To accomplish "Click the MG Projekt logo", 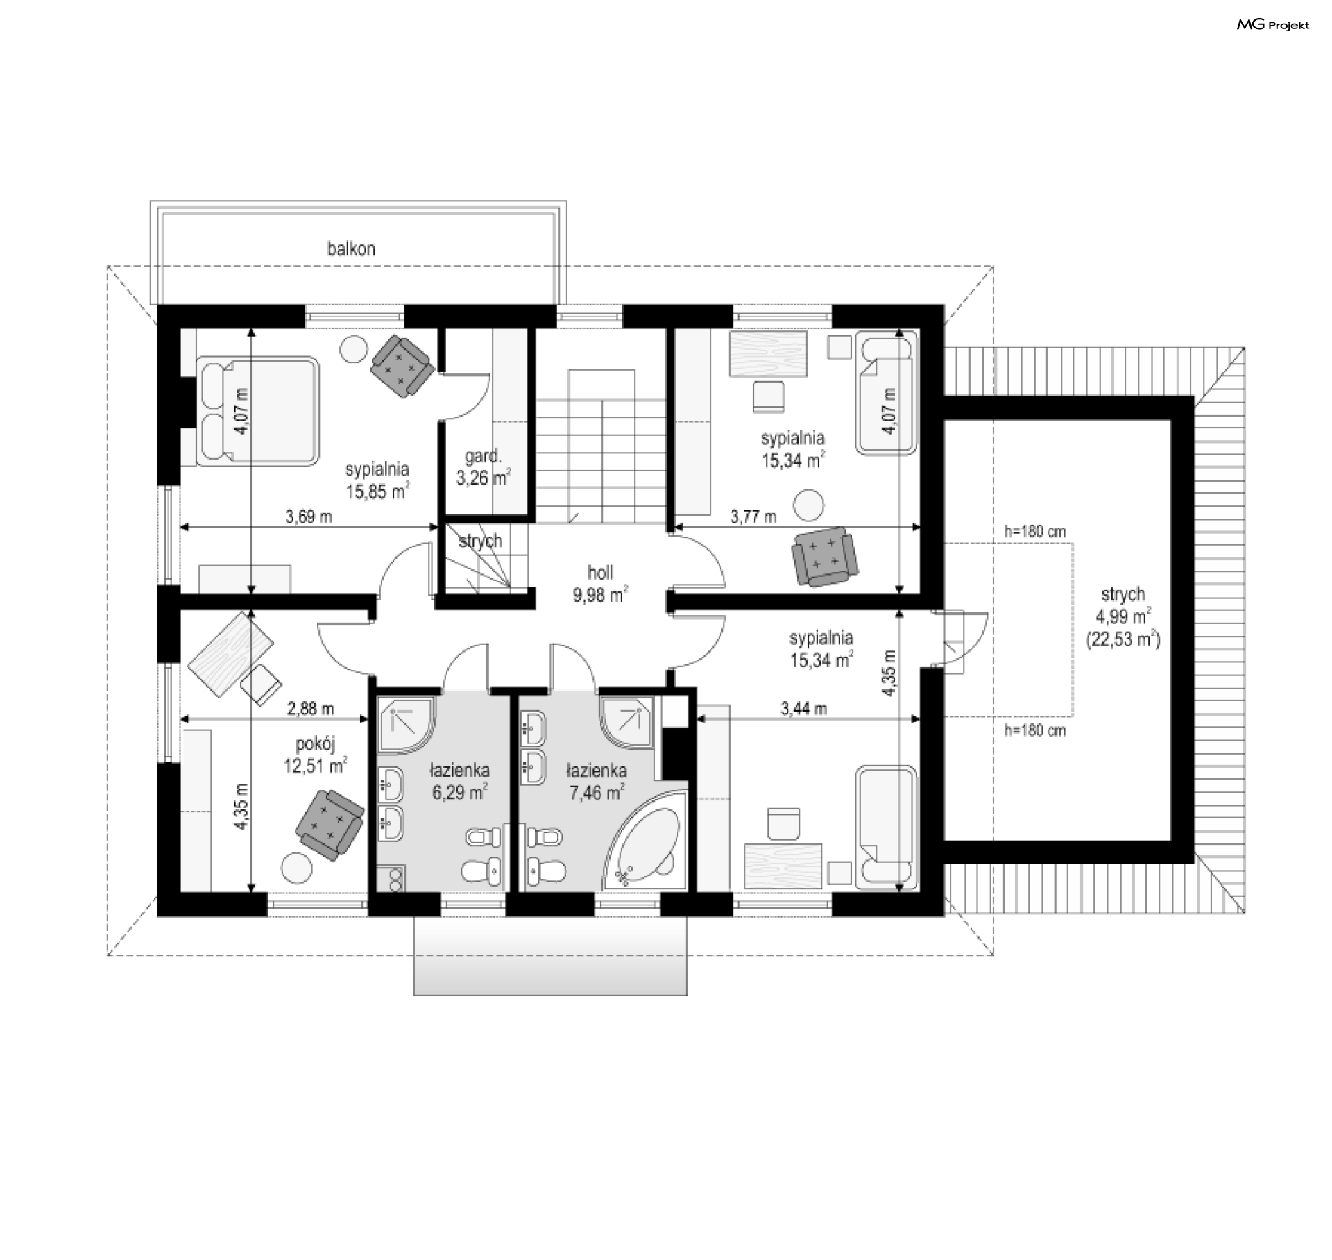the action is coord(1273,25).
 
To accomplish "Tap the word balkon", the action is coord(352,249).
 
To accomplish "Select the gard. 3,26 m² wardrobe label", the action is coord(484,467).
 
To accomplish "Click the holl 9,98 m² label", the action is coord(601,583).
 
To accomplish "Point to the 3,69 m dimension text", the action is coord(309,516).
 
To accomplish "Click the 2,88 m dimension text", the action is coord(310,708).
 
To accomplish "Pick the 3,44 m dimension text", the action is coord(803,708).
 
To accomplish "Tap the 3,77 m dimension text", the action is coord(753,516).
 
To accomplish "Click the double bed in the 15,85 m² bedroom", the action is coord(257,410).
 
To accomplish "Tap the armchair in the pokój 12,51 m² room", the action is coord(330,825).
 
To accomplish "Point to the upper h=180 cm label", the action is coord(1034,532).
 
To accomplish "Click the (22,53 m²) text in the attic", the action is coord(1123,639).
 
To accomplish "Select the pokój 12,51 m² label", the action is coord(316,755).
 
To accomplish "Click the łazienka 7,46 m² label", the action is coord(597,781).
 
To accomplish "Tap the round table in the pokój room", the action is coord(297,866).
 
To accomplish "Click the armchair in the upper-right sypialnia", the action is coord(823,557).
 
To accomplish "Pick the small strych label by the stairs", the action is coord(480,541).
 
